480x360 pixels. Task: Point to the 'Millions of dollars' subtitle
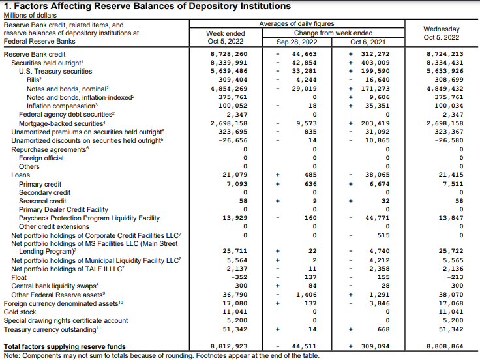pos(28,16)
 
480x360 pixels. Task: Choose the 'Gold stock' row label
pos(20,312)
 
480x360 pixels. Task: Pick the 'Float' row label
pos(20,277)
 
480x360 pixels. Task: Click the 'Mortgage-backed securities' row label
pos(63,123)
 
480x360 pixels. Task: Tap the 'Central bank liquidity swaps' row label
pos(55,286)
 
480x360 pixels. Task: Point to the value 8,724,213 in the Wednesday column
pos(445,54)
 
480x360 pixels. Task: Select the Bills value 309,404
pos(233,80)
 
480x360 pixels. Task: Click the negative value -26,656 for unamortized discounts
pos(234,140)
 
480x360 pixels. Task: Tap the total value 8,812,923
pos(229,346)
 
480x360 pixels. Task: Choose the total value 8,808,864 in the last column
pos(445,346)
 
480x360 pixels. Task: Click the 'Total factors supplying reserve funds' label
pos(65,346)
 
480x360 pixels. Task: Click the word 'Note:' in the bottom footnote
pos(12,355)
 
